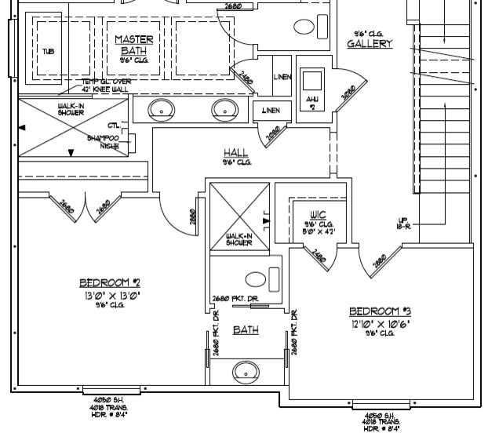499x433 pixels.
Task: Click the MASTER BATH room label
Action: click(134, 45)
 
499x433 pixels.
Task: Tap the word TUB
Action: click(49, 52)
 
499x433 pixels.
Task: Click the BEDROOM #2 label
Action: click(109, 283)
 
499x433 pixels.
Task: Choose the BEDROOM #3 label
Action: click(380, 311)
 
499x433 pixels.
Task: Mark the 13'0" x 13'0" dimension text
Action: click(109, 296)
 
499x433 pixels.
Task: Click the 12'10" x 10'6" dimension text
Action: click(380, 323)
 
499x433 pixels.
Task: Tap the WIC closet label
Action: click(318, 214)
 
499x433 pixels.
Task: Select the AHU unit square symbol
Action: click(314, 82)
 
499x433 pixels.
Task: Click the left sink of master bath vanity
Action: click(161, 110)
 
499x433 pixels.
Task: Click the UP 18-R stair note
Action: click(405, 223)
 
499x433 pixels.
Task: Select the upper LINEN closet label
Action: click(282, 77)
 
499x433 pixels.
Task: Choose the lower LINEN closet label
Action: click(271, 111)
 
